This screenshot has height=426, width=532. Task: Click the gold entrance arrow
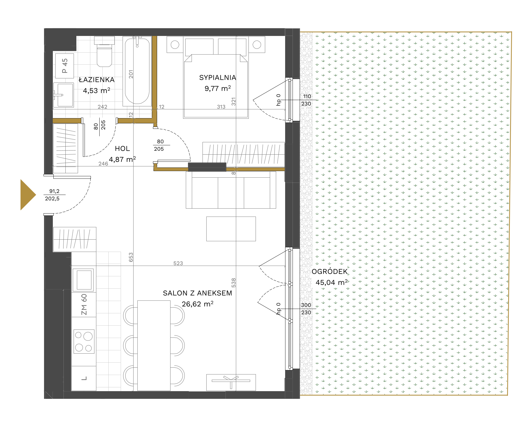27,195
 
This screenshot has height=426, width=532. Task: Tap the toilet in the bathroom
104,52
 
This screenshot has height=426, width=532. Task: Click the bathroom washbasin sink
63,95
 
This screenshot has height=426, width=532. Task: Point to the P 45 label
65,66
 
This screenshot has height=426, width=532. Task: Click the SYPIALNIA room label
218,78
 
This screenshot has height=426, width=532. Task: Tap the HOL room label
122,149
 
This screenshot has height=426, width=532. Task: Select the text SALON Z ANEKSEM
197,293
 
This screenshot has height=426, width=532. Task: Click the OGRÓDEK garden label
329,271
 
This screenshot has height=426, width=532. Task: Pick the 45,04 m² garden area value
331,282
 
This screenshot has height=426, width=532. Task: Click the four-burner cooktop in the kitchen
84,342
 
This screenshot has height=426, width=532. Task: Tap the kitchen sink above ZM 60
84,280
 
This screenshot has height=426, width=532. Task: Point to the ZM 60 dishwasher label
84,304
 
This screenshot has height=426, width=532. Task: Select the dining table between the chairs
154,345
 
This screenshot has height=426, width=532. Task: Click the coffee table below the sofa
231,229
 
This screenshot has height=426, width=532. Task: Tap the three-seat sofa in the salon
231,190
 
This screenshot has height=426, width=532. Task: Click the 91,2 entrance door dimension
54,191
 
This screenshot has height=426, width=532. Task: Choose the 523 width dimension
178,263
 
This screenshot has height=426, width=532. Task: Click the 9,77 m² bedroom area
218,88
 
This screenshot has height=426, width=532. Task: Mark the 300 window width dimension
306,305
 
